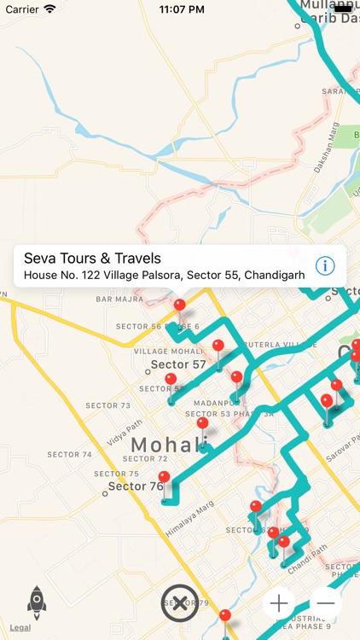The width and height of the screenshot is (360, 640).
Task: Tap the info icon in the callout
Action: (x=325, y=266)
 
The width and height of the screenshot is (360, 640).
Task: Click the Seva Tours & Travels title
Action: (x=92, y=258)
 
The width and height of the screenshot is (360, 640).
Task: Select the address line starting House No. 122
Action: (x=164, y=275)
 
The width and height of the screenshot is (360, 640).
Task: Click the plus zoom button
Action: (x=279, y=603)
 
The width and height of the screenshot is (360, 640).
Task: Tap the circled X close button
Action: (x=180, y=603)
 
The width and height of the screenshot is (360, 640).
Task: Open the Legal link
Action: (x=20, y=628)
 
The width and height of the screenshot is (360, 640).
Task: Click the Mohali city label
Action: (x=169, y=445)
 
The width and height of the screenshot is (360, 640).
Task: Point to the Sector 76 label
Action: (x=135, y=487)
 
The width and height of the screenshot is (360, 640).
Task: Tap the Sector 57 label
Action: (x=178, y=365)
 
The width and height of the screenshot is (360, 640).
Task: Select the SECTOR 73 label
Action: (x=107, y=405)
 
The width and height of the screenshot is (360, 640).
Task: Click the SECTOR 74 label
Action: (x=69, y=455)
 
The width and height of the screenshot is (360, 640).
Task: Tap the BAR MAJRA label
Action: (x=119, y=300)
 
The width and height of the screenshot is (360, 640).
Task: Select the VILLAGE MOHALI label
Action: (x=167, y=352)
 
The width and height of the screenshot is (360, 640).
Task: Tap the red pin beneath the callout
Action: (x=179, y=305)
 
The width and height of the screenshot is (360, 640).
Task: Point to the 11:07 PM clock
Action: (x=180, y=9)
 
